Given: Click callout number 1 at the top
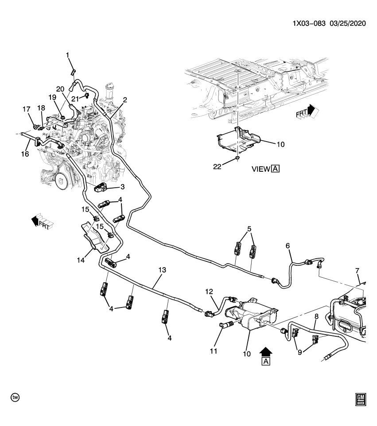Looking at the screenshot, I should [x=68, y=55].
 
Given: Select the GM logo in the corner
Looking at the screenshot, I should [x=360, y=400].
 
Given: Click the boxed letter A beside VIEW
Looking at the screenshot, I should [x=276, y=169].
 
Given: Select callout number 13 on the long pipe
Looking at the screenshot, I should [x=162, y=270].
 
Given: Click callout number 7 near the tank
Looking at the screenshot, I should [x=358, y=271].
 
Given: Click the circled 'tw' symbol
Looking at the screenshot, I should [x=16, y=397].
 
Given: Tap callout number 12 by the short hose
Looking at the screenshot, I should [x=210, y=291].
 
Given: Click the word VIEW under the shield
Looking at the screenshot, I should [x=260, y=169].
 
